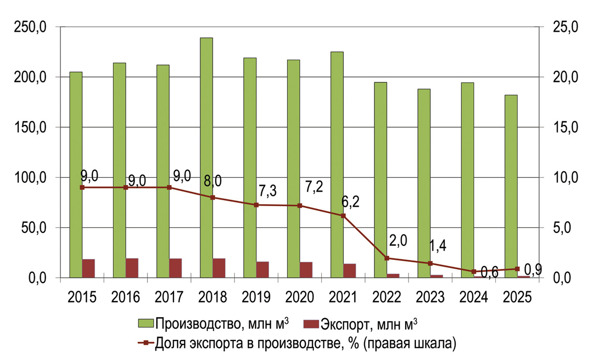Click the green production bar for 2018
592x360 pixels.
pyautogui.click(x=207, y=158)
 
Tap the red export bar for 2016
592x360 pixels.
pyautogui.click(x=132, y=268)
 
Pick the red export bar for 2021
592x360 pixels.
pyautogui.click(x=350, y=270)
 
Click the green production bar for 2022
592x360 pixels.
pyautogui.click(x=380, y=180)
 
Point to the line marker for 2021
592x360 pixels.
pyautogui.click(x=343, y=216)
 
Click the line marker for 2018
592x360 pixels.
pyautogui.click(x=213, y=197)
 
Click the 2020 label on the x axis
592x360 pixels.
pyautogui.click(x=300, y=297)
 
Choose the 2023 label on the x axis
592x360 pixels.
pyautogui.click(x=430, y=297)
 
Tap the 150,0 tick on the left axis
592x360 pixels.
pyautogui.click(x=30, y=127)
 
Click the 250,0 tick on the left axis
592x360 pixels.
pyautogui.click(x=30, y=27)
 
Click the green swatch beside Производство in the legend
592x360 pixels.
pyautogui.click(x=146, y=324)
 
